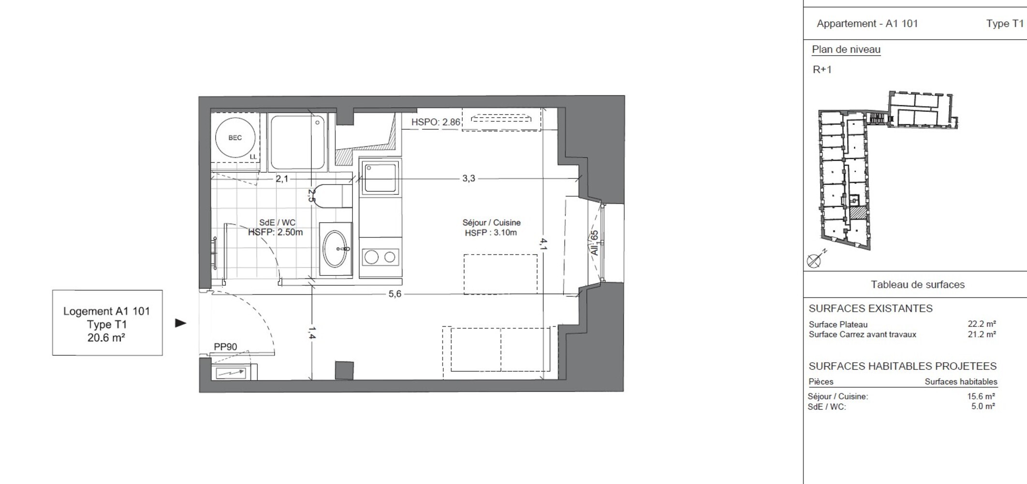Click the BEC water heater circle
pos(235,137)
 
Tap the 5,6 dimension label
pos(395,294)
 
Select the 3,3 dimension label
pos(468,179)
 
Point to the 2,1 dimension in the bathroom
pos(282,179)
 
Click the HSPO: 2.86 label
pos(435,122)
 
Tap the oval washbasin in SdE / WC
pos(335,249)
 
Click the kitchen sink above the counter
pos(380,178)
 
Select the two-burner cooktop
pos(380,257)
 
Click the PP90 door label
pos(225,347)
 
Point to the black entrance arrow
pos(180,323)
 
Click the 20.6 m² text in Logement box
pos(106,338)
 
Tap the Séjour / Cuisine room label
pos(491,223)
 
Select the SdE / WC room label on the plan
pos(277,223)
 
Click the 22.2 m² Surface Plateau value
pos(981,324)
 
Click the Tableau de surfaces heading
pos(917,285)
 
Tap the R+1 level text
pos(822,70)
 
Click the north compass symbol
pos(814,261)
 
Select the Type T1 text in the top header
pos(1004,24)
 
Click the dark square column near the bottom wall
pos(344,370)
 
